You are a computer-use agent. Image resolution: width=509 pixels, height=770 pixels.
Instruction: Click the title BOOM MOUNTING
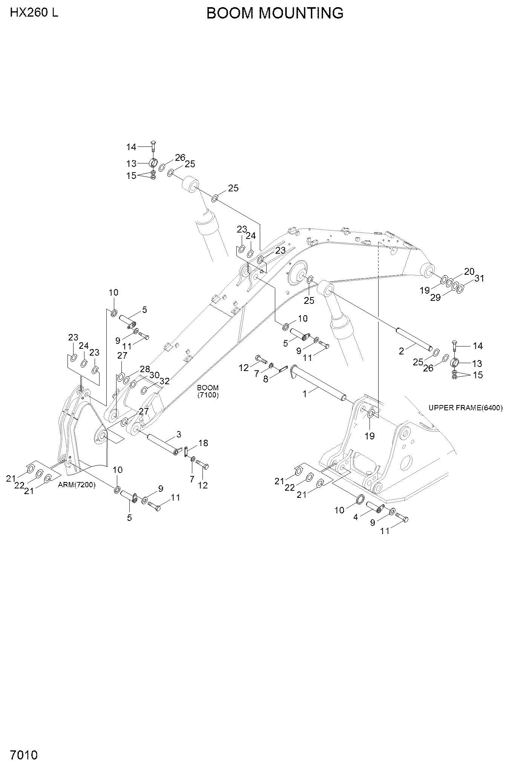coord(275,13)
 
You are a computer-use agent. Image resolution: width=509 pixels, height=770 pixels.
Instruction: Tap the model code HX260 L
coord(34,13)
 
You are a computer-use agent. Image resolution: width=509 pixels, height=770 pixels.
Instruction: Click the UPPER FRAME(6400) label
coord(466,408)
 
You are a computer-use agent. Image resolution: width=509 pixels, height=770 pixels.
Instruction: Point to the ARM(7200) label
coord(77,485)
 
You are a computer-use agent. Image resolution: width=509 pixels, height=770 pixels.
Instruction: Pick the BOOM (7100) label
coord(208,391)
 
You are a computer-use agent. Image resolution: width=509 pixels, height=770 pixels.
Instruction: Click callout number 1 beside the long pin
coord(305,393)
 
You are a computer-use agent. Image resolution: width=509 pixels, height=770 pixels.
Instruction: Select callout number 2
coord(401,351)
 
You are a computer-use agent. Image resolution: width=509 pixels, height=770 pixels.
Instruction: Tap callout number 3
coord(179,435)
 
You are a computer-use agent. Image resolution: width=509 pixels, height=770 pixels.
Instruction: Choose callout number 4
coord(356,517)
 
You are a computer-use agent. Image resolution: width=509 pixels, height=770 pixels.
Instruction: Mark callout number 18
coord(203,443)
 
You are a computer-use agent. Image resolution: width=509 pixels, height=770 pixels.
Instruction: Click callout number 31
coord(479,278)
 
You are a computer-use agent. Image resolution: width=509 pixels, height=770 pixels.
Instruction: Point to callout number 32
coord(165,381)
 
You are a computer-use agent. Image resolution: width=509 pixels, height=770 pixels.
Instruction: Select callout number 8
coord(265,379)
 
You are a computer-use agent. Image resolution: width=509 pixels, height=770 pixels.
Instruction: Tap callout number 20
coord(469,271)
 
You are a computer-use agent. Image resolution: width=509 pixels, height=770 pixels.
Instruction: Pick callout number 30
coord(154,375)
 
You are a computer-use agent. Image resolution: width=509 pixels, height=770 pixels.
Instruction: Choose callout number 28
coord(145,369)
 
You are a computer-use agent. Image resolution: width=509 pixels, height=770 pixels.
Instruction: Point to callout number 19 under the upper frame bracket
coord(369,436)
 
